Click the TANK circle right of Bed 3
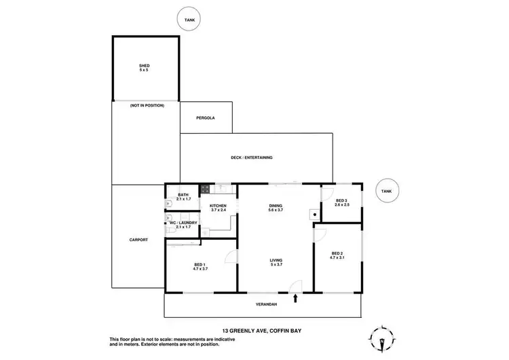(386, 192)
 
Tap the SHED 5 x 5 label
(144, 67)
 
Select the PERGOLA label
(206, 118)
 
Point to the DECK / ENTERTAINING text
(251, 158)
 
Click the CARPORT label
(138, 240)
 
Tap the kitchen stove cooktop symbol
(204, 189)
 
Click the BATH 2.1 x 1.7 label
(183, 197)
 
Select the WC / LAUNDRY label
(183, 224)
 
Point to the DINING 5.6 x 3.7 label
(276, 208)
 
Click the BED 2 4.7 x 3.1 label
(337, 255)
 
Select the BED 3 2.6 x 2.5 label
(341, 202)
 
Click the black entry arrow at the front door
(295, 297)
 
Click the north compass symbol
(380, 338)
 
